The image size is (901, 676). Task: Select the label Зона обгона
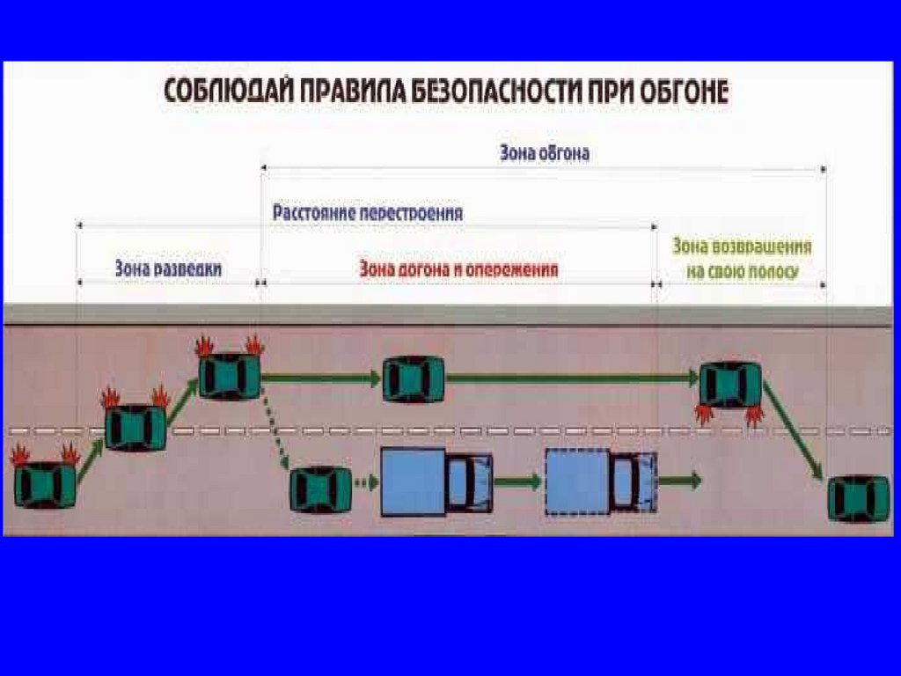(x=544, y=153)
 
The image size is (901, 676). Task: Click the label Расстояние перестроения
(x=368, y=213)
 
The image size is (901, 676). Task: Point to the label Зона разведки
(x=168, y=268)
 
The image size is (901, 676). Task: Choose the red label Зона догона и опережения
(x=458, y=269)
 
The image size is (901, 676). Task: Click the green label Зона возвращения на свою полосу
(x=742, y=260)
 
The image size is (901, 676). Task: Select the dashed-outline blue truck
(x=601, y=481)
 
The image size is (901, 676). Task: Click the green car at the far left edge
(x=45, y=485)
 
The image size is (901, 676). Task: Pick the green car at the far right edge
(x=859, y=498)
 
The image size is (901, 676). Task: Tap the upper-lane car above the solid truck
(x=413, y=379)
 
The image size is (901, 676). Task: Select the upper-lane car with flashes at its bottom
(x=729, y=386)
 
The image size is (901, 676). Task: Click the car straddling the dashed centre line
(x=136, y=427)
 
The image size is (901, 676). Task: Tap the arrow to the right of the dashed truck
(x=680, y=481)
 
